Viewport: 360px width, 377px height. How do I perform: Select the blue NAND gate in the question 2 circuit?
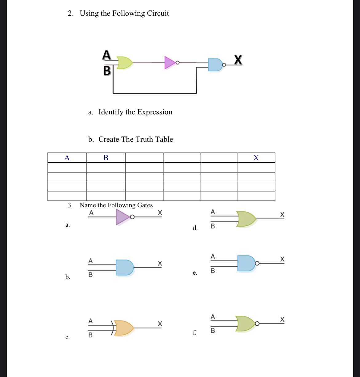click(x=215, y=65)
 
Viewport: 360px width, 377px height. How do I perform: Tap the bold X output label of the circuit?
click(x=238, y=60)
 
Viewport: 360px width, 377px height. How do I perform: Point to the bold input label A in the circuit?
click(x=106, y=55)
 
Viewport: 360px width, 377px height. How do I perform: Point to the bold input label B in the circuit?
click(x=107, y=71)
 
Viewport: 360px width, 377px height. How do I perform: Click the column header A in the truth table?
click(x=67, y=158)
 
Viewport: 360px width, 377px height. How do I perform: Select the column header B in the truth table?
click(x=106, y=158)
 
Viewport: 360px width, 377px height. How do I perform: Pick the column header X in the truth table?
click(x=256, y=158)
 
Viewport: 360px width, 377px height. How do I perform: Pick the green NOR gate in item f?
click(x=246, y=323)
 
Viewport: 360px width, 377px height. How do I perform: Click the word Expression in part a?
click(x=155, y=112)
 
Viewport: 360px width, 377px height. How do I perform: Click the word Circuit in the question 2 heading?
click(x=158, y=13)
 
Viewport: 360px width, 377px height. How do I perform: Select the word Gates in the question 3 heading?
click(x=145, y=205)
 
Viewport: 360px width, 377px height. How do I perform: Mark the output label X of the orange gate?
click(x=160, y=323)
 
